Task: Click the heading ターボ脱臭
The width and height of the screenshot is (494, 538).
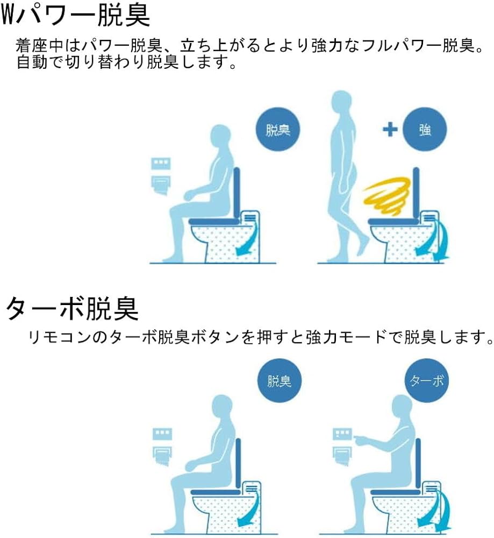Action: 73,308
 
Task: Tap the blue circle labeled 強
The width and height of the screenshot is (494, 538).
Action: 425,129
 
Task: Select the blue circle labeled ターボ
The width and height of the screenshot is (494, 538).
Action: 427,380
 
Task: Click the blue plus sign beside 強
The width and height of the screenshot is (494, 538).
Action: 390,129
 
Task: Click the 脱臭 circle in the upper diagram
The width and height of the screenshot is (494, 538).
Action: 278,129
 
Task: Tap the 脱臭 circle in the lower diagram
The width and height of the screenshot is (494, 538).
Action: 280,380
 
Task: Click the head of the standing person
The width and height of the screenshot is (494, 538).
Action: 342,102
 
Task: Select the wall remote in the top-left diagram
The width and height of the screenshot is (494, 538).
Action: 161,163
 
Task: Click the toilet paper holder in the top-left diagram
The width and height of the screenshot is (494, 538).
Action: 161,185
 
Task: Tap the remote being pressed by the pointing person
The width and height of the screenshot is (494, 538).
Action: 342,434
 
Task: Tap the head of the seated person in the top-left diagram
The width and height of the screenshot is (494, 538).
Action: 221,136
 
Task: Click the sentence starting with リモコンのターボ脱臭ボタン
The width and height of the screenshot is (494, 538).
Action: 261,338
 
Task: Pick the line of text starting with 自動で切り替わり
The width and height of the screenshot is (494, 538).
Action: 126,62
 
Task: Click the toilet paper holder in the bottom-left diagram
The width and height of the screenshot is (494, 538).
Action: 162,456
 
